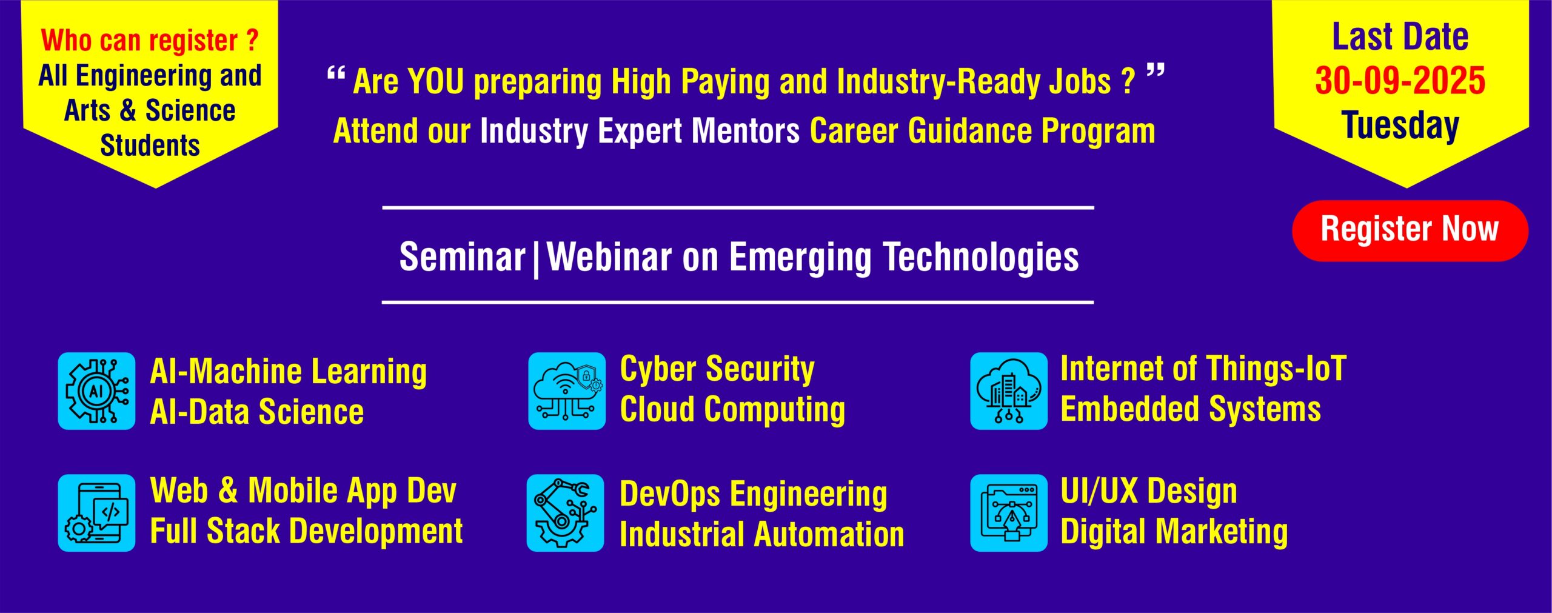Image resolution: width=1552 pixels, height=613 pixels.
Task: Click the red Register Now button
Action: (x=1410, y=230)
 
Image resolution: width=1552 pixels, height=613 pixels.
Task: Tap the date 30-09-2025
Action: (x=1400, y=81)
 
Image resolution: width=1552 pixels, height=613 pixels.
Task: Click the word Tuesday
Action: (x=1400, y=126)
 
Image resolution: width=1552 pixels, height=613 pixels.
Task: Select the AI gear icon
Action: (x=96, y=391)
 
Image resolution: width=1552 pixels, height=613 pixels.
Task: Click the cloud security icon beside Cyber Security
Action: (x=567, y=391)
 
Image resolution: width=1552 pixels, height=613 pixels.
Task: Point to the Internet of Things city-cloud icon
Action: (x=1009, y=391)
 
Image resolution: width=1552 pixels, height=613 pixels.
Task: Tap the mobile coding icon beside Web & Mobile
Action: (x=96, y=513)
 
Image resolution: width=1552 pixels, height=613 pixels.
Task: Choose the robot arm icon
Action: (x=565, y=513)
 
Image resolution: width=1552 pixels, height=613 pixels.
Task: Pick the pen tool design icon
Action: (x=1009, y=513)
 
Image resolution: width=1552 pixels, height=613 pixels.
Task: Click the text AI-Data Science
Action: (x=256, y=412)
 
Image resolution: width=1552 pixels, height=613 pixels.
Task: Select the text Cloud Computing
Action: (x=732, y=410)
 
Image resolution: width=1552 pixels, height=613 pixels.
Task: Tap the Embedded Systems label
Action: (x=1191, y=409)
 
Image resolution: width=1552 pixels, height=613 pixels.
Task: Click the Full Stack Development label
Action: (x=306, y=532)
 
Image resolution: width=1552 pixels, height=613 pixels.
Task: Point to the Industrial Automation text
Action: (x=762, y=535)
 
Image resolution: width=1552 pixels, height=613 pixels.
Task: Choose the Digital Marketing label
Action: (x=1174, y=532)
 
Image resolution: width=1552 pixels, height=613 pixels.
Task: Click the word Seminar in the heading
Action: (x=462, y=257)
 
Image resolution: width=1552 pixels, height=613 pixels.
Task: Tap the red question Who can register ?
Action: (x=150, y=41)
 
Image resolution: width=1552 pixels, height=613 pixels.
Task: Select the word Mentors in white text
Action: (x=746, y=131)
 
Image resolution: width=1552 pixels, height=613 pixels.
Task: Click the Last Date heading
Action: (x=1400, y=37)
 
